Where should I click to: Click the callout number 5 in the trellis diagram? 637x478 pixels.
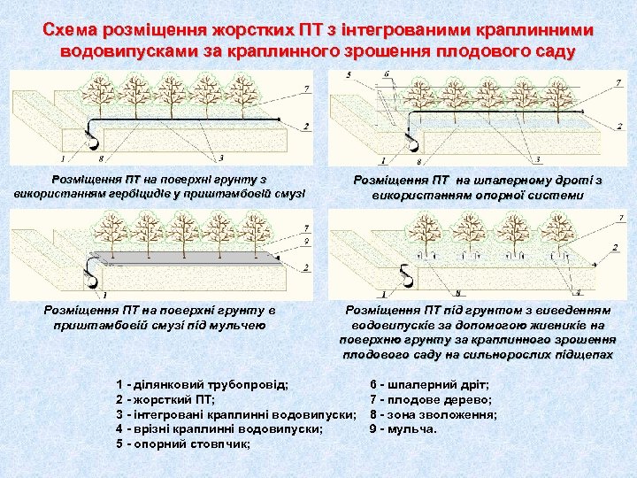pos(349,73)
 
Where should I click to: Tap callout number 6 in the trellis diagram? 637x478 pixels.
pos(387,73)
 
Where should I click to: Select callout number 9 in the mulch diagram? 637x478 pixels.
pos(305,241)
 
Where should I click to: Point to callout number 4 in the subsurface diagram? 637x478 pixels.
pos(579,292)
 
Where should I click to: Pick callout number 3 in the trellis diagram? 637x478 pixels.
pos(537,159)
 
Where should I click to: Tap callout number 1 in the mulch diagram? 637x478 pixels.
pos(105,294)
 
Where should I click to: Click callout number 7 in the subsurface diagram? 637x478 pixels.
pos(619,218)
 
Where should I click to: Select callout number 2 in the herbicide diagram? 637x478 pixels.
pos(306,127)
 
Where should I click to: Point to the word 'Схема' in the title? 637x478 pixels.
pos(72,31)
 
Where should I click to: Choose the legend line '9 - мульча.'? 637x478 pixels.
pos(403,428)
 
